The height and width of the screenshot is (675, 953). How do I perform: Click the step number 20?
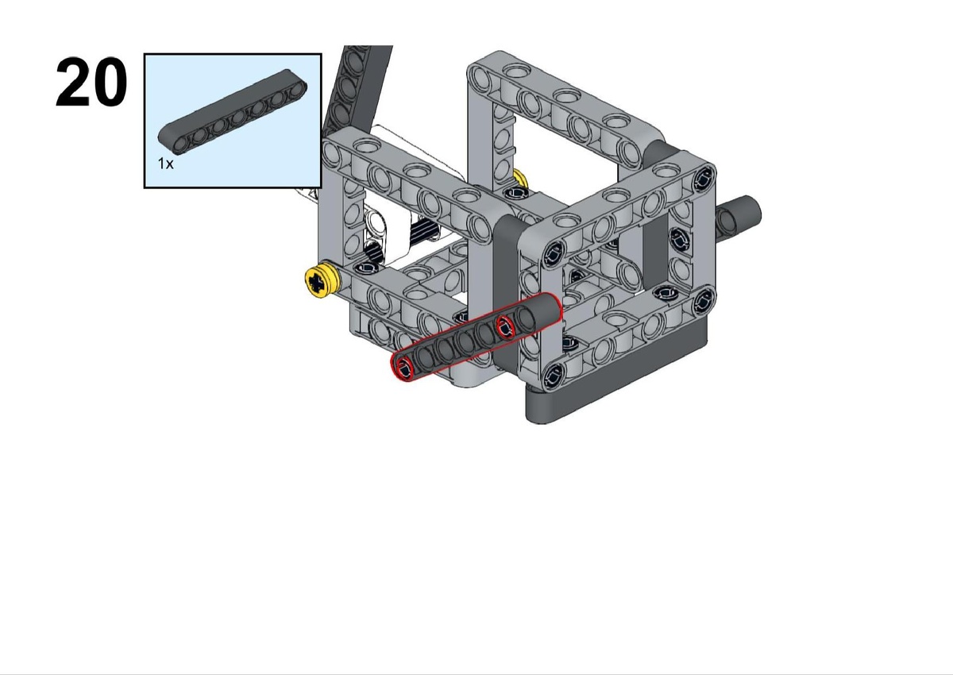click(91, 82)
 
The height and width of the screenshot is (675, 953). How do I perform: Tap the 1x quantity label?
click(165, 164)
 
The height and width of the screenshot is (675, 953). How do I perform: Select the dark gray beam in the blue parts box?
click(232, 110)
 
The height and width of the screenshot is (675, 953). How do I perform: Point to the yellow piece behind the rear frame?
click(521, 178)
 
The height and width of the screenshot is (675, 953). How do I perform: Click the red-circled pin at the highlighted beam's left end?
click(404, 368)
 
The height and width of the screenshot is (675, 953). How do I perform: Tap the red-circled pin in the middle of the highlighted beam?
click(506, 327)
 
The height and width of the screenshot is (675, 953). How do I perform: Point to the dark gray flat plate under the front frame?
click(617, 374)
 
